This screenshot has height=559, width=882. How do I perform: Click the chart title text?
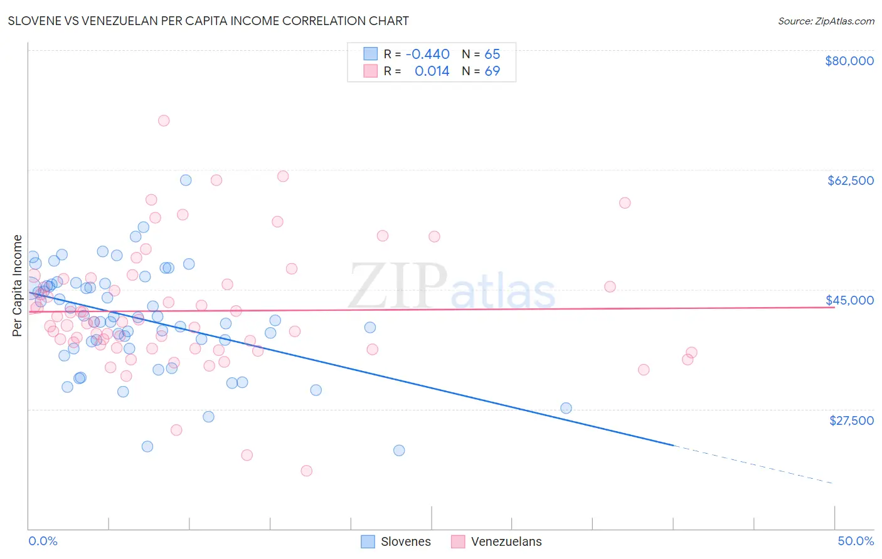[x=208, y=21]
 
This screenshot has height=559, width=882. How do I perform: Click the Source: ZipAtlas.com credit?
[x=826, y=21]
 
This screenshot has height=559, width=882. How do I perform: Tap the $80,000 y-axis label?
[x=849, y=61]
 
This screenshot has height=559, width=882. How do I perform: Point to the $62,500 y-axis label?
[x=850, y=180]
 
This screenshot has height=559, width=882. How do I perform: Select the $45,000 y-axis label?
[x=849, y=300]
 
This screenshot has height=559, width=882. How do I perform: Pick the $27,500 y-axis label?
[x=851, y=421]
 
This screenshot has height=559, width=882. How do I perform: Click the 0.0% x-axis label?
[x=43, y=541]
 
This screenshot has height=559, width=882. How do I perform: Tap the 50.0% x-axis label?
[x=855, y=541]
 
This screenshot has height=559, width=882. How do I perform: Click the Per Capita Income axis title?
[x=18, y=285]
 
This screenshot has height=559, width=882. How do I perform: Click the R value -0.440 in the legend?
[x=427, y=54]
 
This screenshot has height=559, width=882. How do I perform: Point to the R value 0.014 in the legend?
[x=432, y=71]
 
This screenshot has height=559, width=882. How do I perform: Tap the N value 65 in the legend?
[x=492, y=54]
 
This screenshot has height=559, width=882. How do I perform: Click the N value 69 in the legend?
[x=492, y=71]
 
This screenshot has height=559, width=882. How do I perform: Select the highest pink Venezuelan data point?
[x=164, y=120]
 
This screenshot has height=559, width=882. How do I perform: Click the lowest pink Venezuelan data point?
[x=306, y=471]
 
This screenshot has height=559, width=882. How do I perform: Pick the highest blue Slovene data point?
[x=186, y=180]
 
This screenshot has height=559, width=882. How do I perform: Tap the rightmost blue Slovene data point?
[x=566, y=408]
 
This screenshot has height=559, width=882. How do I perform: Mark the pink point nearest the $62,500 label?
[x=624, y=202]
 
